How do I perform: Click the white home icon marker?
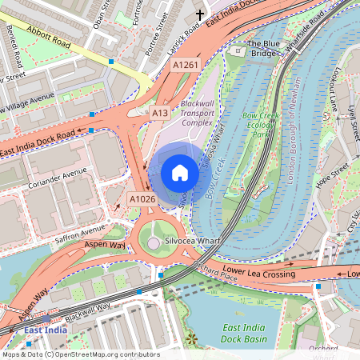tap(180, 173)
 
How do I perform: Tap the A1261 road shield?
tap(185, 65)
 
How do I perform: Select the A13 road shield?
tap(160, 114)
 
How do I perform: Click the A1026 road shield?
tap(141, 198)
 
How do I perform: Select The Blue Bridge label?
tap(263, 50)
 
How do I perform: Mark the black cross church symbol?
tap(200, 14)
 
